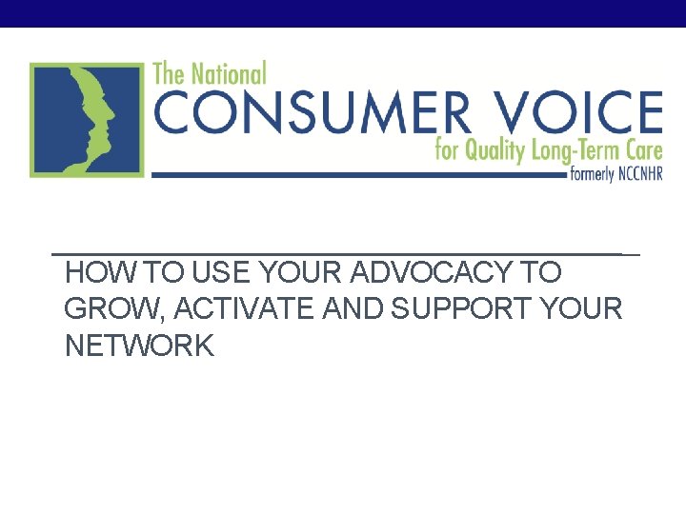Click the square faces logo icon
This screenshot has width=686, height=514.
point(87,119)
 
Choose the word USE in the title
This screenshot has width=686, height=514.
point(221,273)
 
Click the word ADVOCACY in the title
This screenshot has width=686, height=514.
point(430,273)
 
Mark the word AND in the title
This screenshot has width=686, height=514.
point(361,309)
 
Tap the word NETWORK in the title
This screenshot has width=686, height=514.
point(140,346)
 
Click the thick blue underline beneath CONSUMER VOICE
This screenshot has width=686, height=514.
point(353,175)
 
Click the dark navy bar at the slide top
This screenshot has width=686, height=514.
point(343,12)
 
